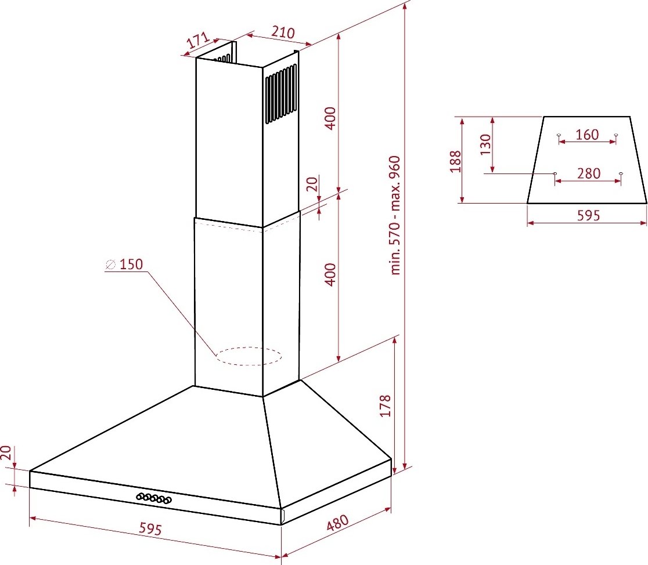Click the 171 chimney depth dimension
[x=197, y=40]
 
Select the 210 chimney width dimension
[x=283, y=32]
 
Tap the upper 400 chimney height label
[x=330, y=118]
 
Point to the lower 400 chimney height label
[x=330, y=274]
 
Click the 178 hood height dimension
[x=385, y=405]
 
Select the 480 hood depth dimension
[x=337, y=523]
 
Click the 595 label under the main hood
[x=150, y=528]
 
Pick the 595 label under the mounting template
[x=588, y=215]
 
